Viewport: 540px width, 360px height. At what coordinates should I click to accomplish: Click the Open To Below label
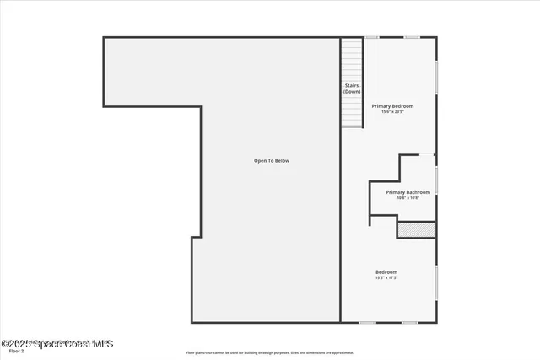point(272,160)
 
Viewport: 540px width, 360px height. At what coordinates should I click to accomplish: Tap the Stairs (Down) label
point(352,88)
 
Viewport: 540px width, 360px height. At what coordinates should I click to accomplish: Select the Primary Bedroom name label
point(392,106)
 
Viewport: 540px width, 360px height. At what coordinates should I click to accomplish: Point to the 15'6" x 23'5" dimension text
point(392,112)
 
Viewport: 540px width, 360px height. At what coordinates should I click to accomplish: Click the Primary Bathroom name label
point(408,192)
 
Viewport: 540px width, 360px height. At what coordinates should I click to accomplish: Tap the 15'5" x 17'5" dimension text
point(386,277)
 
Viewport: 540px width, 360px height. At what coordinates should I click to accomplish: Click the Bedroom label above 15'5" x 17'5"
point(386,271)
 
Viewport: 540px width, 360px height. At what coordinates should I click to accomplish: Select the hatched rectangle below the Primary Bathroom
point(417,228)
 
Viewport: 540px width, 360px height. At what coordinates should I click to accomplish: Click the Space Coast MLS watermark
point(57,343)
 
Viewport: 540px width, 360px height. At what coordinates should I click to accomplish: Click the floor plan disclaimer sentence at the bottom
point(270,352)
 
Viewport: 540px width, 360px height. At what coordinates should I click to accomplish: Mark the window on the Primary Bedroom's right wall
point(437,77)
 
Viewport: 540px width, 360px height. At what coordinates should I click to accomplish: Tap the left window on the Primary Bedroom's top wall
point(372,37)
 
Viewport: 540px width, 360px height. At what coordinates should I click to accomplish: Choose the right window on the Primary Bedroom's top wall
point(412,37)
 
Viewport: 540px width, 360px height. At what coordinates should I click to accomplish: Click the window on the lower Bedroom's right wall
point(437,283)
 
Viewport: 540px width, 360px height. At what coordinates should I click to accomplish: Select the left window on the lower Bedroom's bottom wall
point(368,322)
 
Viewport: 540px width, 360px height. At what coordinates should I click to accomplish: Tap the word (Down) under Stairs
point(352,91)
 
